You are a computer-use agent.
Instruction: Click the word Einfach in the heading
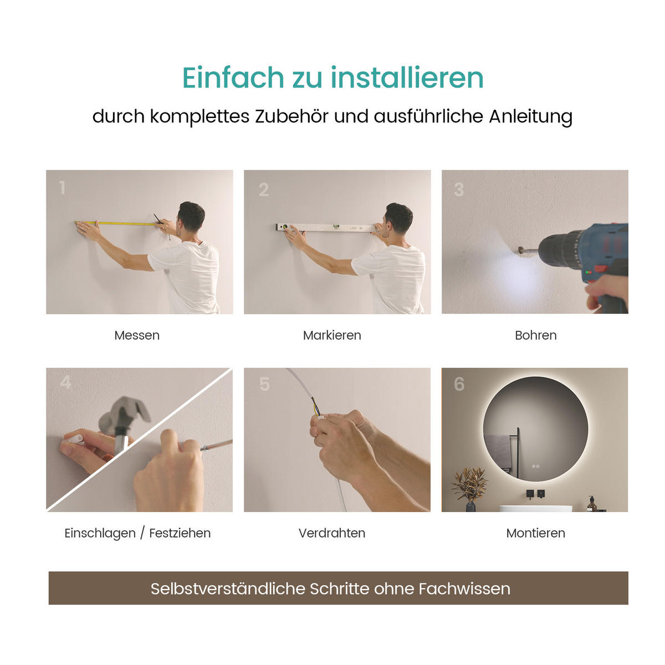(x=233, y=78)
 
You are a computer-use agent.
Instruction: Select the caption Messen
(x=137, y=335)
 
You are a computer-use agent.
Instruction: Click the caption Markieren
(x=332, y=335)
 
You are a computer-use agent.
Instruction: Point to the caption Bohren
(x=535, y=335)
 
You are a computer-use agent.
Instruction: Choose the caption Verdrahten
(x=332, y=533)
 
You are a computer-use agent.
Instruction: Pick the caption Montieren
(x=535, y=533)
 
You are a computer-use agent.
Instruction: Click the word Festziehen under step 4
(x=180, y=533)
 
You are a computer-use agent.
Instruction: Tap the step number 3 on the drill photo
(x=459, y=190)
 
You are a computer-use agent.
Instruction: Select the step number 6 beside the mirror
(x=459, y=384)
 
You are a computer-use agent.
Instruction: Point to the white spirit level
(x=326, y=227)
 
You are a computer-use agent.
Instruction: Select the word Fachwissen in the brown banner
(x=464, y=589)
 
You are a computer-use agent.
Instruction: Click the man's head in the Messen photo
(x=191, y=217)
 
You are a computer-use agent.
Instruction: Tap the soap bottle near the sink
(x=592, y=504)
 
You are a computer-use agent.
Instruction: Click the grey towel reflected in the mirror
(x=498, y=451)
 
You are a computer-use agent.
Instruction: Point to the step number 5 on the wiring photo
(x=265, y=384)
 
